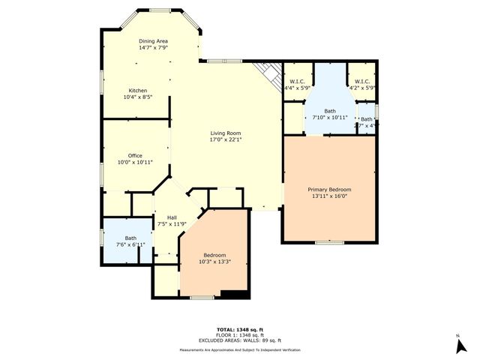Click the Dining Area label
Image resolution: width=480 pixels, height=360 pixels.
click(153, 41)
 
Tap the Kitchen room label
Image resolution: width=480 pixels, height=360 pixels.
click(137, 90)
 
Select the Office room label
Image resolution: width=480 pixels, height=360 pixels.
click(135, 156)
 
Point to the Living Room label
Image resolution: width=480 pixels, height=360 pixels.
click(225, 133)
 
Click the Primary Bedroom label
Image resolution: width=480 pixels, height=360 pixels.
click(329, 190)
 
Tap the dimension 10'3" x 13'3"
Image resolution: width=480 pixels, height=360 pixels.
click(214, 262)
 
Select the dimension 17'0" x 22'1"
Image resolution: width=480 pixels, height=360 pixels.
click(225, 140)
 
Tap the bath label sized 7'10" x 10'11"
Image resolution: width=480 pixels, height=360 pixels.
click(329, 111)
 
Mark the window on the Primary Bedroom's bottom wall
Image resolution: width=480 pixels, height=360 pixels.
click(328, 242)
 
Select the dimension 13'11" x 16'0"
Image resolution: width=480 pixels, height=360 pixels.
click(329, 196)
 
